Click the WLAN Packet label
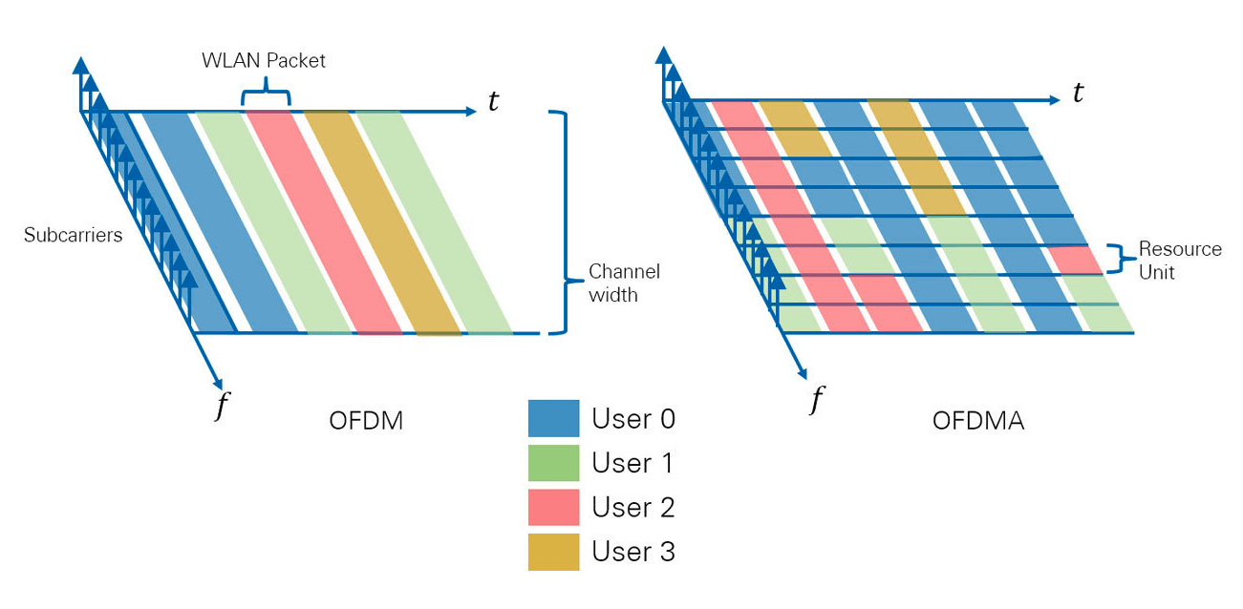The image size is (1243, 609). coord(263,60)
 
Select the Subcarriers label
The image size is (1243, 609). coord(73,234)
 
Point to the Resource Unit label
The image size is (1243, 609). coord(1179,260)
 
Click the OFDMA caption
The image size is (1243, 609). coord(977,420)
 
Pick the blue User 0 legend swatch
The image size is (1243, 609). coord(553,418)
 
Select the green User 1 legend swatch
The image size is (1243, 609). coord(553,463)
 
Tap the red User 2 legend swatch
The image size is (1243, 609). coord(553,507)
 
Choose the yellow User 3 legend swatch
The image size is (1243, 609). coord(553,552)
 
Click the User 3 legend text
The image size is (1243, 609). coord(632,552)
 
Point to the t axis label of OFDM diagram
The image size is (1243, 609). coord(493,102)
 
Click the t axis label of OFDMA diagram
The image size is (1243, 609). coord(1078,93)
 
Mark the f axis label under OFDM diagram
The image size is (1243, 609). coord(222,406)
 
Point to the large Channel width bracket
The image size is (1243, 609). coord(566,222)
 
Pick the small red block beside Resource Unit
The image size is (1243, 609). coord(1076,260)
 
